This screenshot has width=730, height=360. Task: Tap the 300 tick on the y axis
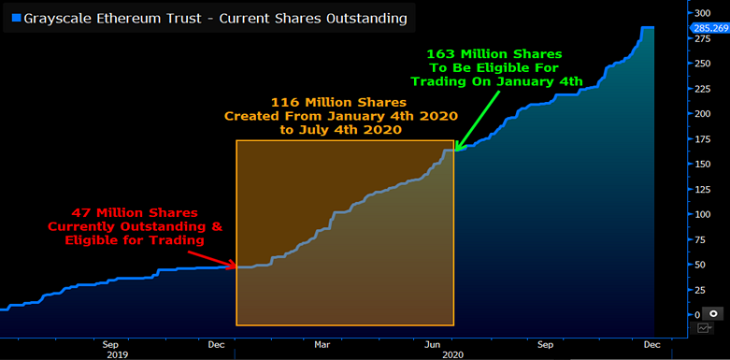[x=702, y=13]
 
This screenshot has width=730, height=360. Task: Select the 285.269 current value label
[x=707, y=28]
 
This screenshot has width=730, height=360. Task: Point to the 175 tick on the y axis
[x=702, y=138]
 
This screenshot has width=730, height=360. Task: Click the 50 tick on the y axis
[x=699, y=265]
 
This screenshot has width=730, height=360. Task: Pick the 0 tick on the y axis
[x=696, y=315]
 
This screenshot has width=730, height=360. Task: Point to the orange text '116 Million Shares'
[x=340, y=101]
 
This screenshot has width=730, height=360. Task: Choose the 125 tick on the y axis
[x=702, y=189]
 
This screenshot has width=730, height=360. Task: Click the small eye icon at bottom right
[x=713, y=315]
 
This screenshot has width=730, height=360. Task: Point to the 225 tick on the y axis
[x=702, y=88]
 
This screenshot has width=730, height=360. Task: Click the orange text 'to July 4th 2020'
[x=340, y=131]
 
